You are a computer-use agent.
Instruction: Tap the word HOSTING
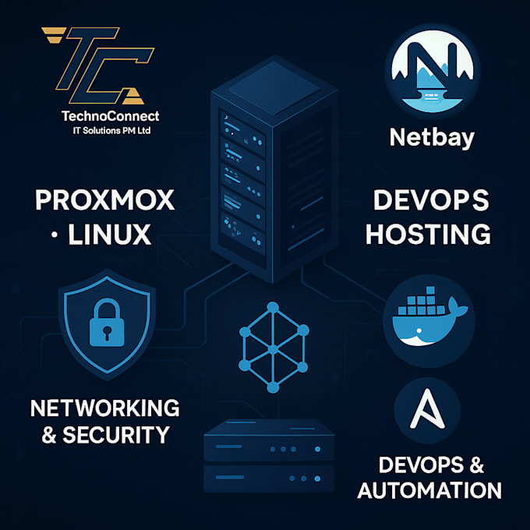(428, 233)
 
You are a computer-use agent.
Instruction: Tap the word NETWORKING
(105, 407)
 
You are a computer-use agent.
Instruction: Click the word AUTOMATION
(429, 489)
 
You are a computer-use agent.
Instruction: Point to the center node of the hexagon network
(272, 348)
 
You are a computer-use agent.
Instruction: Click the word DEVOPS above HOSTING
(431, 200)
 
